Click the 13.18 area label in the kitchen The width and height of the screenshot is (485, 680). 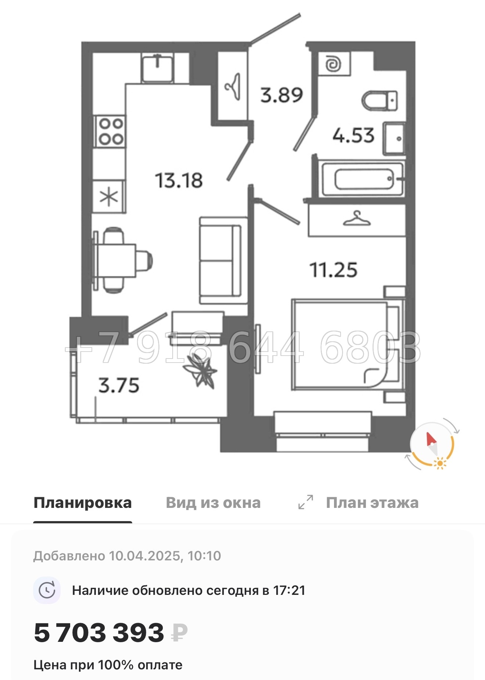[179, 181]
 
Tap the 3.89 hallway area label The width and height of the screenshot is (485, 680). [281, 95]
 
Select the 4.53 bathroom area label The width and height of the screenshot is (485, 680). [353, 135]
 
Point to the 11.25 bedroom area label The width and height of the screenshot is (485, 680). [333, 270]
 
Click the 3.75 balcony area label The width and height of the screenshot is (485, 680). [119, 385]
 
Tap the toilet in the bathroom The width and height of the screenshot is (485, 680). [380, 100]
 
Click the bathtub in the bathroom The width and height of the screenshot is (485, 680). [363, 179]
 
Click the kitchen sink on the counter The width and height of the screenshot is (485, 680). [158, 68]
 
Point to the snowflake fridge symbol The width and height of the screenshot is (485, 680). [109, 197]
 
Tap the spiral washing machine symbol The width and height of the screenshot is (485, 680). [334, 64]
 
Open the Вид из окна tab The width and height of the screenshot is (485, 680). [213, 503]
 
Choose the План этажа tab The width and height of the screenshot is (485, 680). [372, 503]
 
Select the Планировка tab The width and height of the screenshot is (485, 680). [82, 503]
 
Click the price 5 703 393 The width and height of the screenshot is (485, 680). [99, 633]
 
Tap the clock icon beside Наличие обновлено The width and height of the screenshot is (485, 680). [47, 590]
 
